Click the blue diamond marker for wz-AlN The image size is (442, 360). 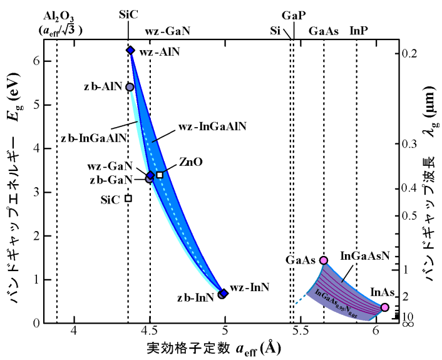130,50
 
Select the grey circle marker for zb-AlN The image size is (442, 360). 130,87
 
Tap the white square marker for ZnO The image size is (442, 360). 160,175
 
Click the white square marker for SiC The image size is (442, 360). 128,198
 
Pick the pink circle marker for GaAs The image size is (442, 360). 324,260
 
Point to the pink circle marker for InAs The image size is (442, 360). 384,307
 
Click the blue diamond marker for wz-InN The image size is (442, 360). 224,293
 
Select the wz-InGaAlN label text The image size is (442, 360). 212,126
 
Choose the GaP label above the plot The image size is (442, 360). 294,15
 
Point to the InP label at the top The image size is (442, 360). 359,30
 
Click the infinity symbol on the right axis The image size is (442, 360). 406,324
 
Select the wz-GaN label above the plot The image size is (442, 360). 167,30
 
